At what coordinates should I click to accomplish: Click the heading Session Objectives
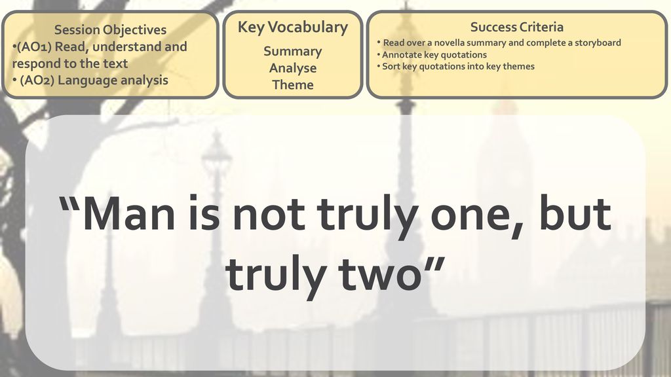pos(110,30)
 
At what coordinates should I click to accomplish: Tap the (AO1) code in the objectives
pos(33,46)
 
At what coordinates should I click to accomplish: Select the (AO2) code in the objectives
pos(37,81)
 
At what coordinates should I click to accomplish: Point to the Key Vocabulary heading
pos(293,27)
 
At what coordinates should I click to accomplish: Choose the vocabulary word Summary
pos(293,52)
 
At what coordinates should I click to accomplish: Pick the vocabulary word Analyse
pos(293,68)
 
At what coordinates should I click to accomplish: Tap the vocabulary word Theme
pos(293,84)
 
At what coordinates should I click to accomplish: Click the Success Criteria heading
pos(516,27)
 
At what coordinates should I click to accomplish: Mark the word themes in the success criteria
pos(519,66)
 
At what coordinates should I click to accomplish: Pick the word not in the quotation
pos(268,215)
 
